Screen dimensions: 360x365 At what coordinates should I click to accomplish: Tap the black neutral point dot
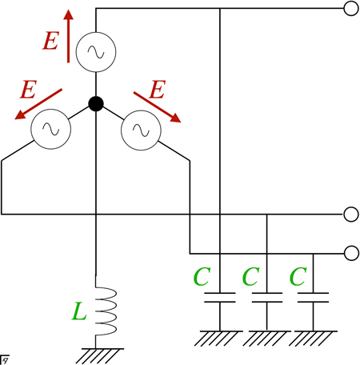tap(96, 103)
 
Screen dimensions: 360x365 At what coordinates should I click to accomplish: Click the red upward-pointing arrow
tap(69, 36)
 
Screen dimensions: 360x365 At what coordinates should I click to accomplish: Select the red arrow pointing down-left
tap(38, 104)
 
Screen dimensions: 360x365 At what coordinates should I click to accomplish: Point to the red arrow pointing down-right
tap(158, 107)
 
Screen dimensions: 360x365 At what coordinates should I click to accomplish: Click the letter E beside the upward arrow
tap(50, 41)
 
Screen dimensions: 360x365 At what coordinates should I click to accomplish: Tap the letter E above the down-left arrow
tap(28, 90)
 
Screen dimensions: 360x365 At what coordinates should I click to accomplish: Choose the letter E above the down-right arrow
tap(158, 90)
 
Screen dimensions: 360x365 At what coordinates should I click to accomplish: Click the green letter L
tap(79, 311)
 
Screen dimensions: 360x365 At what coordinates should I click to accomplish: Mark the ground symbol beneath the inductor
tap(100, 355)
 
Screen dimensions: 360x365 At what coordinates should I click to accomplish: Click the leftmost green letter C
tap(202, 276)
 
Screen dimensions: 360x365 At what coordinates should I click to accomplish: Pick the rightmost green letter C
tap(298, 276)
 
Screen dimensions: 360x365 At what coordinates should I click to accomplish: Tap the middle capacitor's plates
tap(267, 298)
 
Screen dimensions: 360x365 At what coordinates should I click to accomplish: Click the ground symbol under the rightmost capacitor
tap(313, 339)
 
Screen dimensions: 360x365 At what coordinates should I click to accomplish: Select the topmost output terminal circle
tap(351, 8)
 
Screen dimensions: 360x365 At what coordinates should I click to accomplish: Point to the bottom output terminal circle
tap(351, 253)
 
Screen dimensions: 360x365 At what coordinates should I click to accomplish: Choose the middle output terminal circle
tap(351, 215)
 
